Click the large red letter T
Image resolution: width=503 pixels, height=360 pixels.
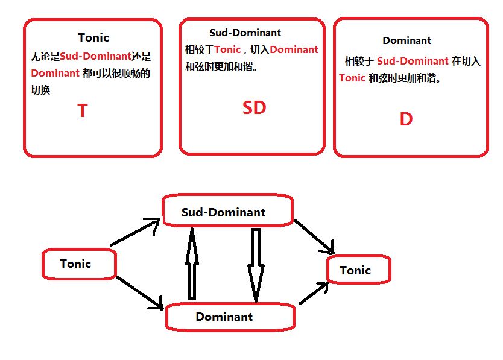83,111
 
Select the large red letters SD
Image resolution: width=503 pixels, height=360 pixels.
254,108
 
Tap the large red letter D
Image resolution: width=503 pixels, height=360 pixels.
406,119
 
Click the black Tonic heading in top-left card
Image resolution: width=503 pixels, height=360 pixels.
93,37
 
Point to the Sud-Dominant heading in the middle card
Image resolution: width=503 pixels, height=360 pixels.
245,33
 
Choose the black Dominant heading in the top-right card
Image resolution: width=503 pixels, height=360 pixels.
407,40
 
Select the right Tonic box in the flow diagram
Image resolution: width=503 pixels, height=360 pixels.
358,270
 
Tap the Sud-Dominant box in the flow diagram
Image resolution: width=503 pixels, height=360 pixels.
227,212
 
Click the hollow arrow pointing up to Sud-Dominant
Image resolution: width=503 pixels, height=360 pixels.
192,263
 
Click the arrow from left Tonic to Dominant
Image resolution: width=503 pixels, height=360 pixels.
139,293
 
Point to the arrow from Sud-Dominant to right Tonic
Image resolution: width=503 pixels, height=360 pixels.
314,236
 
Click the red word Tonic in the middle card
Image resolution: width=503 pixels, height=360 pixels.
227,49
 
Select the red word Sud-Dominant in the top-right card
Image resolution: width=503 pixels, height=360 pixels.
413,61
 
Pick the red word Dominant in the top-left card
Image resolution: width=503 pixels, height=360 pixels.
55,74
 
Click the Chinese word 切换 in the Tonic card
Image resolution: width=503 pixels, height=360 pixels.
41,89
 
